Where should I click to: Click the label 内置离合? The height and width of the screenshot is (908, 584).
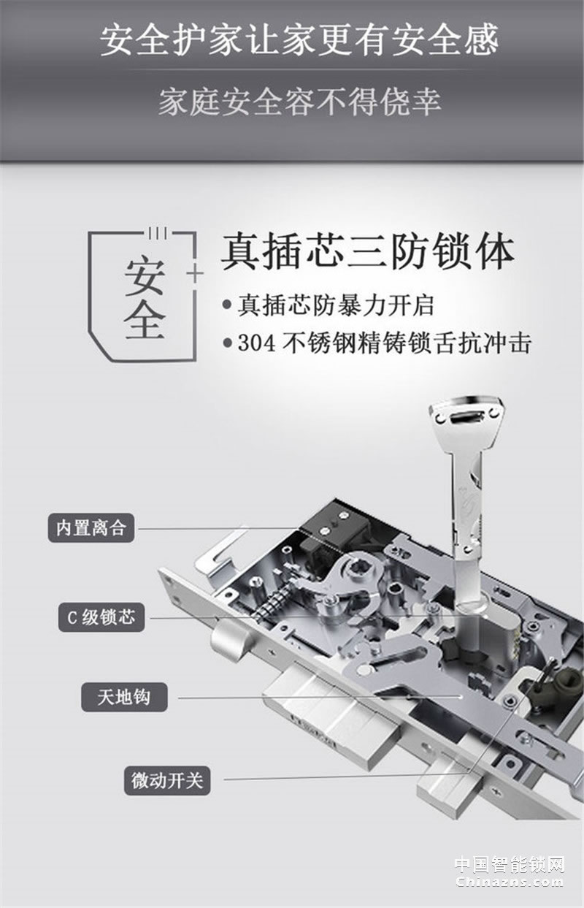[x=91, y=527]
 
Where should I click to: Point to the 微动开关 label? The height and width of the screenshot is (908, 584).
[x=166, y=779]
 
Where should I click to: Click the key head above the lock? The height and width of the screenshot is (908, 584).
[x=466, y=420]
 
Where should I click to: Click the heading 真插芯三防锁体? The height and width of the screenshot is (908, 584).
[x=369, y=251]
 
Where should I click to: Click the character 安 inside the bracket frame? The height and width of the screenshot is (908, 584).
[x=145, y=276]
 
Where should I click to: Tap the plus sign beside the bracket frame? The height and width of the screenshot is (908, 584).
[x=194, y=275]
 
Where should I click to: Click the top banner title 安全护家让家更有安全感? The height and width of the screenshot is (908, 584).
[x=299, y=39]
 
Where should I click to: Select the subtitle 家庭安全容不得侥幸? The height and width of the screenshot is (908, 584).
[x=299, y=102]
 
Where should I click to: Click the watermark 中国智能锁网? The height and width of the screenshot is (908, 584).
[x=510, y=865]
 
